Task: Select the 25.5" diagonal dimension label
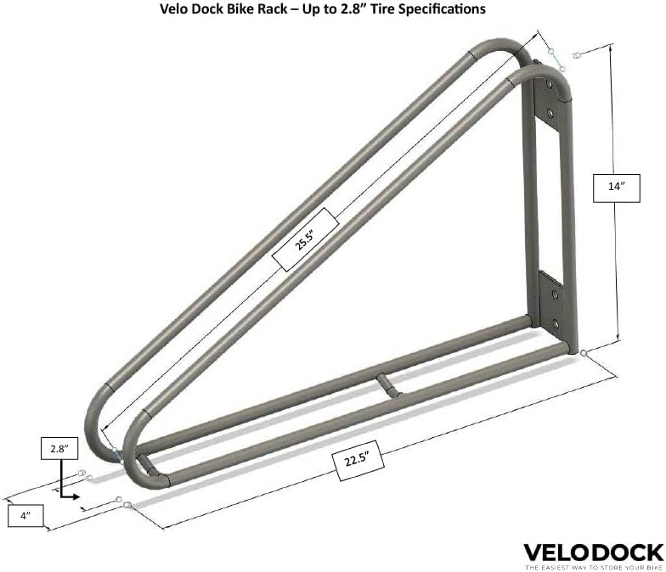pos(303,241)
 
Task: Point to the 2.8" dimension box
pos(57,448)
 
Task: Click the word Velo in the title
pos(176,10)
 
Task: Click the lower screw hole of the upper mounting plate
pos(550,111)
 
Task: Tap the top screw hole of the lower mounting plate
pos(555,294)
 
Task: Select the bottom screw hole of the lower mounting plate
pos(556,323)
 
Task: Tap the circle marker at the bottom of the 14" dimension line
pos(585,351)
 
